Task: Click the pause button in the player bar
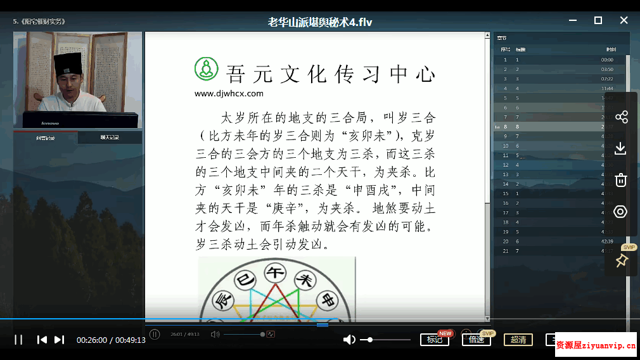click(18, 340)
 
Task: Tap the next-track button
click(59, 340)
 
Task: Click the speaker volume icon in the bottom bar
click(349, 340)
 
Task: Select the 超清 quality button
click(518, 340)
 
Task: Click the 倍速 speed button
click(477, 340)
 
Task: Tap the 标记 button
click(435, 340)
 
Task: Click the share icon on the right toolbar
click(621, 117)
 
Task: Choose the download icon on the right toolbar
click(621, 148)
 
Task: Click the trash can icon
click(621, 180)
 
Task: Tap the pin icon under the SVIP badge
click(621, 260)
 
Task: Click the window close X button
click(624, 20)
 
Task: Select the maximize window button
click(598, 20)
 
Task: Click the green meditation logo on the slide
click(206, 69)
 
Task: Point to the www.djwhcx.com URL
click(229, 93)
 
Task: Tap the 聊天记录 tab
click(110, 138)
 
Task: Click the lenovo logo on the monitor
click(50, 122)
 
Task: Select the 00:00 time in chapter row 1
click(607, 60)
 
